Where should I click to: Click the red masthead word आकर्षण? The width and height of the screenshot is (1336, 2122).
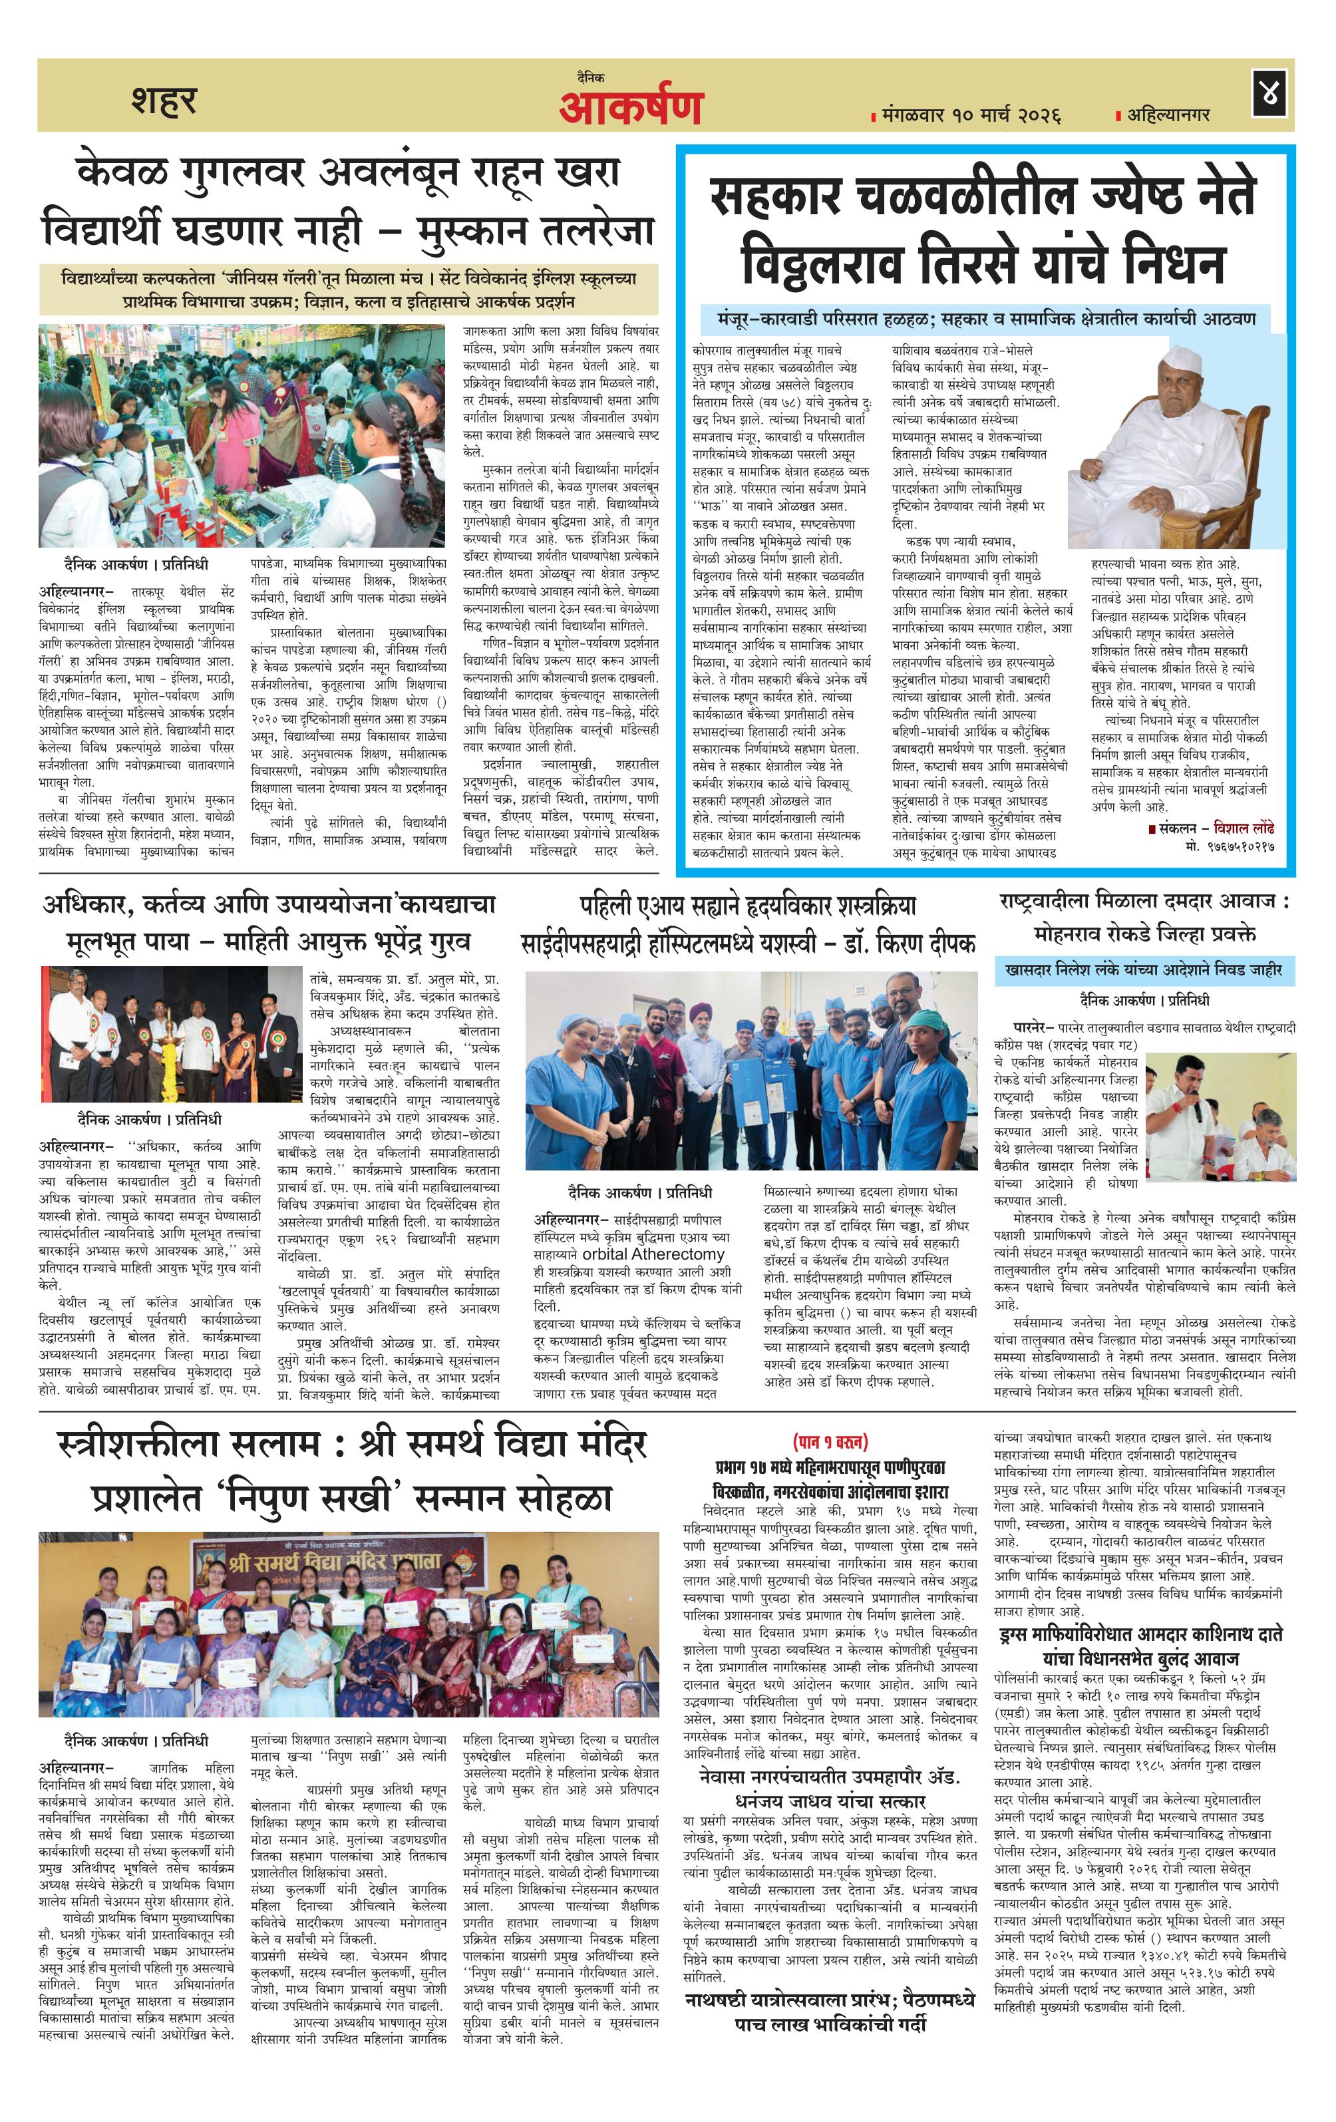pyautogui.click(x=630, y=108)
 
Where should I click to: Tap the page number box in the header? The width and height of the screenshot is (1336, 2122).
pyautogui.click(x=1269, y=95)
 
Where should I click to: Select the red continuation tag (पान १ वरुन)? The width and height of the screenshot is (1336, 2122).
pyautogui.click(x=830, y=1443)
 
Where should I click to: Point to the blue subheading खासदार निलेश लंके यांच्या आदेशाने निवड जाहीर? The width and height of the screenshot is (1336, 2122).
pyautogui.click(x=1145, y=970)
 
